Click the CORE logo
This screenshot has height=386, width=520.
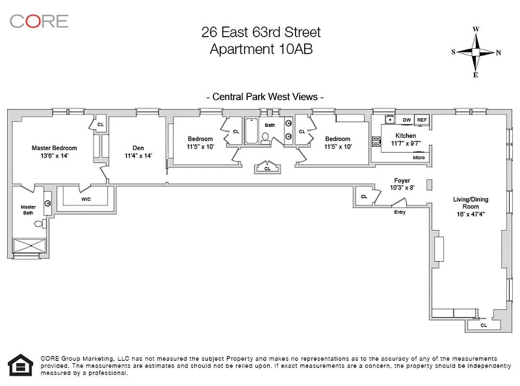pyautogui.click(x=39, y=22)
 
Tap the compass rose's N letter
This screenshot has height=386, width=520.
pyautogui.click(x=498, y=53)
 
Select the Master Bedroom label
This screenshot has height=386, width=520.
pyautogui.click(x=55, y=148)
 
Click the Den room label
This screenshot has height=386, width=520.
pyautogui.click(x=138, y=148)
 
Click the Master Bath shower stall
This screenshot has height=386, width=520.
pyautogui.click(x=29, y=246)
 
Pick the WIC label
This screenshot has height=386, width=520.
pyautogui.click(x=86, y=199)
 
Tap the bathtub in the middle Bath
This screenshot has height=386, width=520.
pyautogui.click(x=252, y=131)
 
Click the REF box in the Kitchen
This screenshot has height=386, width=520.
pyautogui.click(x=422, y=120)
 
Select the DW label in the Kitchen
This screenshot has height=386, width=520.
pyautogui.click(x=407, y=120)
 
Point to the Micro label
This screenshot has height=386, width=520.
pyautogui.click(x=419, y=158)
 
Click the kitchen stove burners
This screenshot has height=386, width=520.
pyautogui.click(x=376, y=141)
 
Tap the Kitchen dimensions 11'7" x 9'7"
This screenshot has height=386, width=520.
pyautogui.click(x=406, y=143)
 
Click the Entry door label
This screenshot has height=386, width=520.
pyautogui.click(x=400, y=212)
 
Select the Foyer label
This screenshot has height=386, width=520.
pyautogui.click(x=402, y=180)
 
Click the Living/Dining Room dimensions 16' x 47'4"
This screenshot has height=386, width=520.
pyautogui.click(x=471, y=214)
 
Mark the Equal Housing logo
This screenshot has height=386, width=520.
pyautogui.click(x=21, y=365)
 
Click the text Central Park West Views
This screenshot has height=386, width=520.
pyautogui.click(x=265, y=97)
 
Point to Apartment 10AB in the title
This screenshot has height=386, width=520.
pyautogui.click(x=261, y=49)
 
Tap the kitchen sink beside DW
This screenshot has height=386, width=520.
pyautogui.click(x=390, y=119)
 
